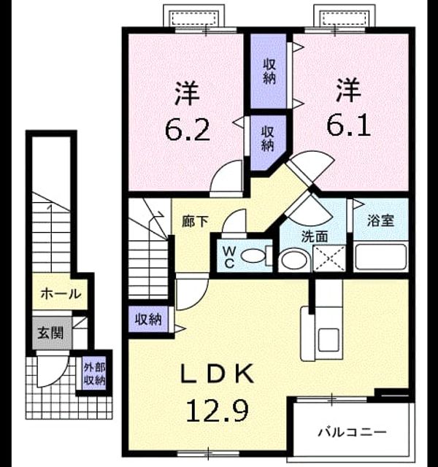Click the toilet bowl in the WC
point(253,256)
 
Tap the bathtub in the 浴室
point(380,258)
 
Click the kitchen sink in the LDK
point(328,340)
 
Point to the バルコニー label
point(352,432)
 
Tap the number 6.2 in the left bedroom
point(188,130)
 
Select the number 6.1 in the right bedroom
point(349,125)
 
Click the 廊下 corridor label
point(195,221)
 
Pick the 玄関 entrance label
point(50,333)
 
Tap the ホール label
point(61,294)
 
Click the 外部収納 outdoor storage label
point(94,374)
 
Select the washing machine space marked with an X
point(329,258)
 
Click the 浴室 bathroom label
point(381,220)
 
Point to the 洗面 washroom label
point(315,236)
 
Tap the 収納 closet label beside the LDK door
point(148,320)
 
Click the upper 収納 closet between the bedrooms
point(269,72)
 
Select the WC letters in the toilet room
point(229,258)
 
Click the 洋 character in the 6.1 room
point(349,89)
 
